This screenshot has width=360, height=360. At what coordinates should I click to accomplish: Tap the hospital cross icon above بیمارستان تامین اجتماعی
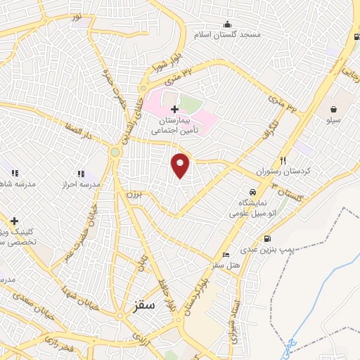(x=174, y=109)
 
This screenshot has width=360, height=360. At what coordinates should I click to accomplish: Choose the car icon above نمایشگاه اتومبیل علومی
(x=251, y=191)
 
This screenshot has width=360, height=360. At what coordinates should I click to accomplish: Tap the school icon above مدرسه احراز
(x=80, y=173)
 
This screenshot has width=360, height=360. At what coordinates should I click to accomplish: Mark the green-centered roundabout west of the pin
(x=115, y=151)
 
